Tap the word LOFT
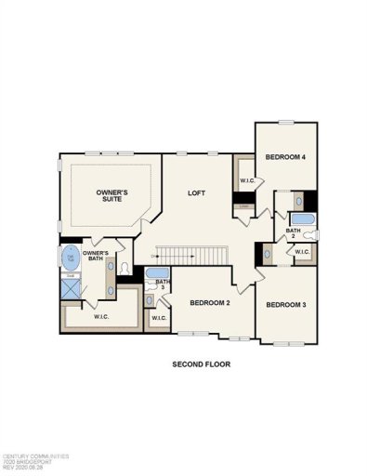point(195,193)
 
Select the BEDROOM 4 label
point(286,157)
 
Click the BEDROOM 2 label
point(209,303)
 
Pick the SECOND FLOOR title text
point(201,364)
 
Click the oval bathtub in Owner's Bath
point(69,258)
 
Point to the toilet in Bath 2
point(312,236)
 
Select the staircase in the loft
point(191,254)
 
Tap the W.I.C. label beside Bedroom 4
point(247,180)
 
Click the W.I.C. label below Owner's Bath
point(102,316)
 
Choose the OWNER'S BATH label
point(96,257)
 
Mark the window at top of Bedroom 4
point(286,122)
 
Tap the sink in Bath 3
point(150,300)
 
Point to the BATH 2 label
point(293,233)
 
